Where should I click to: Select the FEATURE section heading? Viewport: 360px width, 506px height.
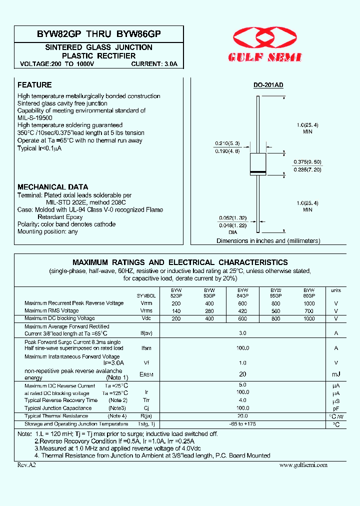[x=34, y=85]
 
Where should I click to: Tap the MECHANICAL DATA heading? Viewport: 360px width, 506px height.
[x=53, y=187]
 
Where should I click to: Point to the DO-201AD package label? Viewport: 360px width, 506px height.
[x=268, y=85]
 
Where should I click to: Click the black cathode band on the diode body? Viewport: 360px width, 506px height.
[x=257, y=172]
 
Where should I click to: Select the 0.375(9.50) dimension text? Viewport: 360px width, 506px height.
[x=307, y=162]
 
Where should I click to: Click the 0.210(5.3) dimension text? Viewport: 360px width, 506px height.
[x=227, y=143]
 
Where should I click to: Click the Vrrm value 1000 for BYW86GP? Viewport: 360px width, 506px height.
[x=309, y=303]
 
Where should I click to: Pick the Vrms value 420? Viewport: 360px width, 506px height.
[x=242, y=311]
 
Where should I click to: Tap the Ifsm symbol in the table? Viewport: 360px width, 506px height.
[x=146, y=348]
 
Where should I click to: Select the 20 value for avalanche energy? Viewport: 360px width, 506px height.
[x=242, y=374]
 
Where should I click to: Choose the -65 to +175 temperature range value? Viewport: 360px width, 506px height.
[x=242, y=424]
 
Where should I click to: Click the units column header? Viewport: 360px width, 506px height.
[x=335, y=290]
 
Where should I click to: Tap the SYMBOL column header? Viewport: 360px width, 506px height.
[x=146, y=296]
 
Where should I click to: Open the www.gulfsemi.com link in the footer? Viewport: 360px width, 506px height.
[x=303, y=465]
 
